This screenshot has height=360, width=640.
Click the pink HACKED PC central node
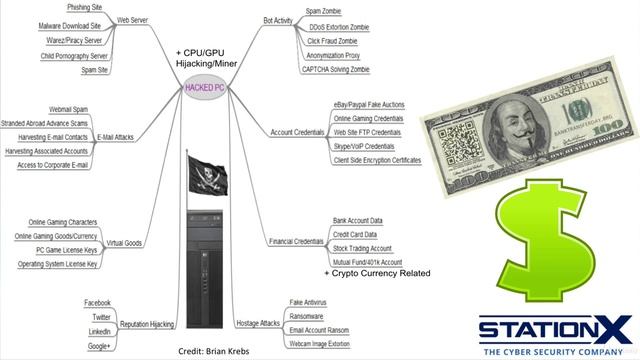[x=208, y=88]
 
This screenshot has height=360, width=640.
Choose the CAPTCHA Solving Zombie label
[x=345, y=69]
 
